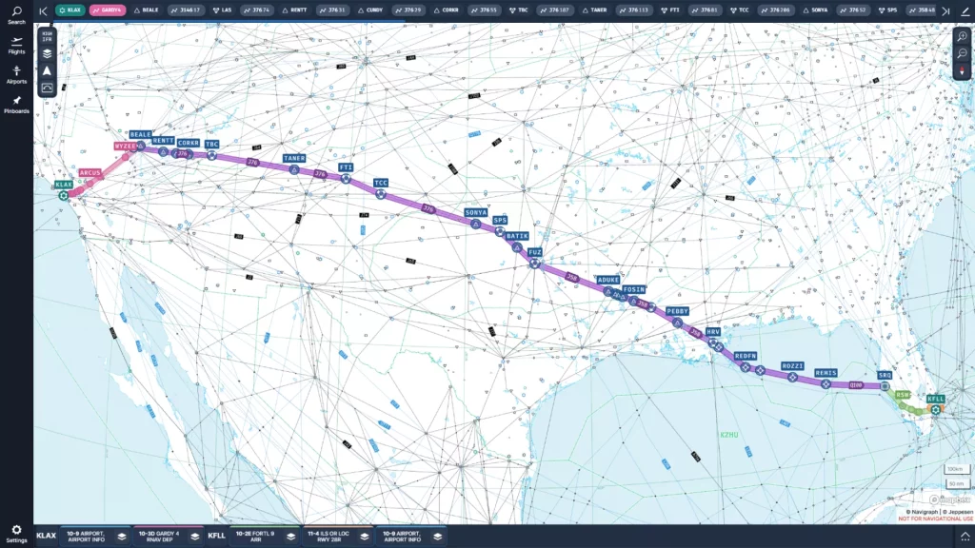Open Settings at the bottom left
point(16,533)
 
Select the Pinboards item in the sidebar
point(16,104)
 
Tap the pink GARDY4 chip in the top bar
point(108,10)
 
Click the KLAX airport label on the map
point(63,184)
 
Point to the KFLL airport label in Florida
point(935,399)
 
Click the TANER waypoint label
point(294,158)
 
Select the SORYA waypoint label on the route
point(476,212)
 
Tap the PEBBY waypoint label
point(677,311)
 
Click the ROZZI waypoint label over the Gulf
point(792,365)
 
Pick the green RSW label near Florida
point(902,394)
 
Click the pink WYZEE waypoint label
point(126,147)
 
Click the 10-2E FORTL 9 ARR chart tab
point(255,536)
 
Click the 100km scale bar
point(955,469)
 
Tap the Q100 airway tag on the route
point(855,385)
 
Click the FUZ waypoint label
point(535,252)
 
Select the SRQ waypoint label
point(885,375)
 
